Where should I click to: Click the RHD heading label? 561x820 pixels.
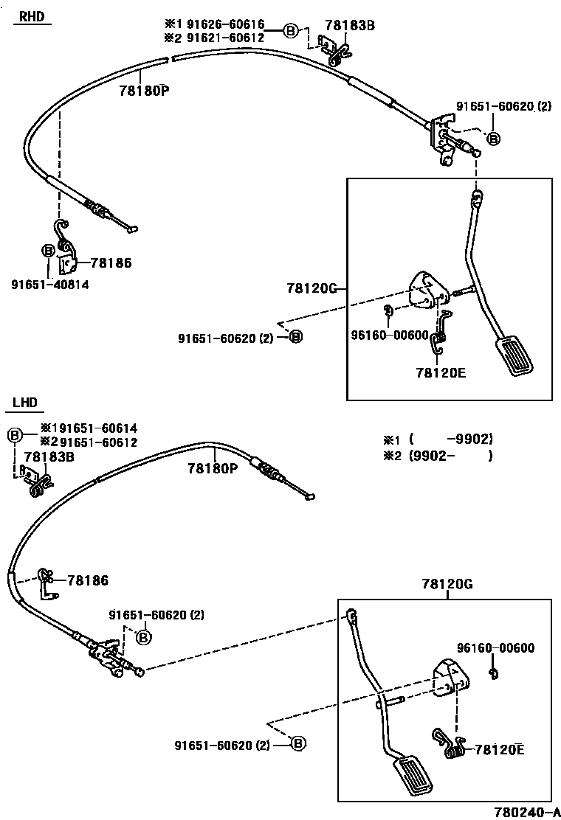pos(30,16)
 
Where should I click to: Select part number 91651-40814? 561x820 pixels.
pos(49,284)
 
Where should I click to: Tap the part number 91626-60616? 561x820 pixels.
pos(224,25)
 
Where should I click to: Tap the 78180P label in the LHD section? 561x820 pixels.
pos(213,468)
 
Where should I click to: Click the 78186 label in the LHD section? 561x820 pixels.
pos(87,581)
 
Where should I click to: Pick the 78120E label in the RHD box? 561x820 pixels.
pos(441,372)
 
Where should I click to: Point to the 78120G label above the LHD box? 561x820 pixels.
pos(447,584)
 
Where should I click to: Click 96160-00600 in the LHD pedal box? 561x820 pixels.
pos(495,648)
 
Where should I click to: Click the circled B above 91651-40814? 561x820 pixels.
pos(47,251)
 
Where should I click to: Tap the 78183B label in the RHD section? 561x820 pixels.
pos(351,25)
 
